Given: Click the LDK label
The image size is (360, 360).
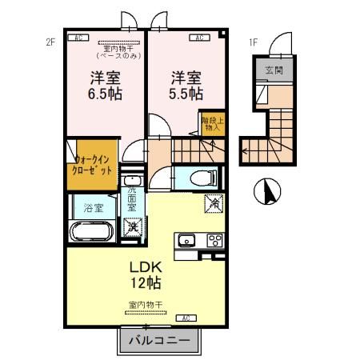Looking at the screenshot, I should (x=144, y=267).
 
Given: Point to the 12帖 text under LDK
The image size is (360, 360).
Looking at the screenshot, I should (x=144, y=283).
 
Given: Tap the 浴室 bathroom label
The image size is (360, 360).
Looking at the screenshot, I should (x=94, y=208).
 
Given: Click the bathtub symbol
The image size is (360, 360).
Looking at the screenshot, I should (x=94, y=233).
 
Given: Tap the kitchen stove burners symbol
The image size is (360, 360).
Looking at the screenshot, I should (x=215, y=239).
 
